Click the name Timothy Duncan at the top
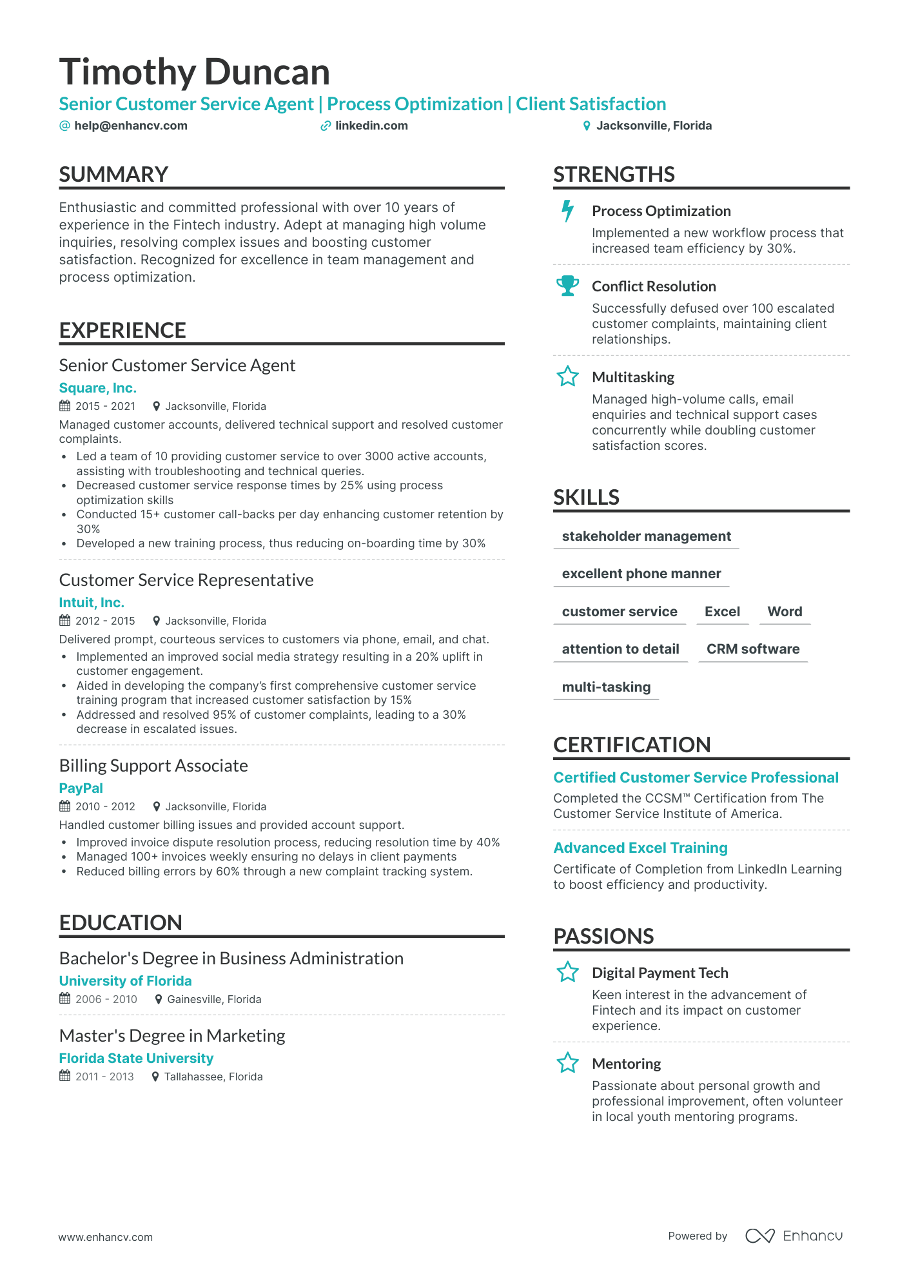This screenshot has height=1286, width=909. [194, 72]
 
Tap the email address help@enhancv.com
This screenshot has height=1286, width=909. [130, 126]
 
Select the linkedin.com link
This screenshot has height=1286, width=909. [371, 126]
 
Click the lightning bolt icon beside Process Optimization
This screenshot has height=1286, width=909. [567, 211]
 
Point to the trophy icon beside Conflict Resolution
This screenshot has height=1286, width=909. [567, 286]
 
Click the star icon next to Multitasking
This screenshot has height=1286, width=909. [567, 376]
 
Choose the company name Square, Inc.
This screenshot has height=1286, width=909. [97, 388]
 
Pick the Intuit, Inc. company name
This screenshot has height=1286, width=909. [92, 603]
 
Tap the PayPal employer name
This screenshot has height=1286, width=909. [81, 788]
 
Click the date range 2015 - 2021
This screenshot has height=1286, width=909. [105, 407]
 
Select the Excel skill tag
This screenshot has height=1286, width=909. [722, 612]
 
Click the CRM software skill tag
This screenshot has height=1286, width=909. [752, 649]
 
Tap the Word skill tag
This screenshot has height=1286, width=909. [785, 612]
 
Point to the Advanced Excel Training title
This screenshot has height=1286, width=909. [640, 848]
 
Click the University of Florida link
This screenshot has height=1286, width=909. [125, 981]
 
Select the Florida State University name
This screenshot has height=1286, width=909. [136, 1058]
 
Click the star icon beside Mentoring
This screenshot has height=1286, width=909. [567, 1063]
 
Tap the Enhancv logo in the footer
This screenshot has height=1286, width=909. [794, 1236]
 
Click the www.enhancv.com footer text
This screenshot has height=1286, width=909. [106, 1237]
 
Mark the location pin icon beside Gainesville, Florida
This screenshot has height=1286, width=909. [158, 1000]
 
